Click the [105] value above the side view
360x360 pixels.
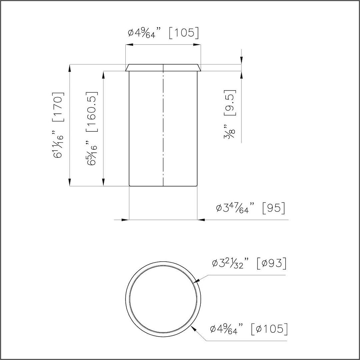point(183,33)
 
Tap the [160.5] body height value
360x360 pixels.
point(92,112)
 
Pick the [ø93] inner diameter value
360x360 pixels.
point(272,263)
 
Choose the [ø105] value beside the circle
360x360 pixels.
point(269,329)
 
